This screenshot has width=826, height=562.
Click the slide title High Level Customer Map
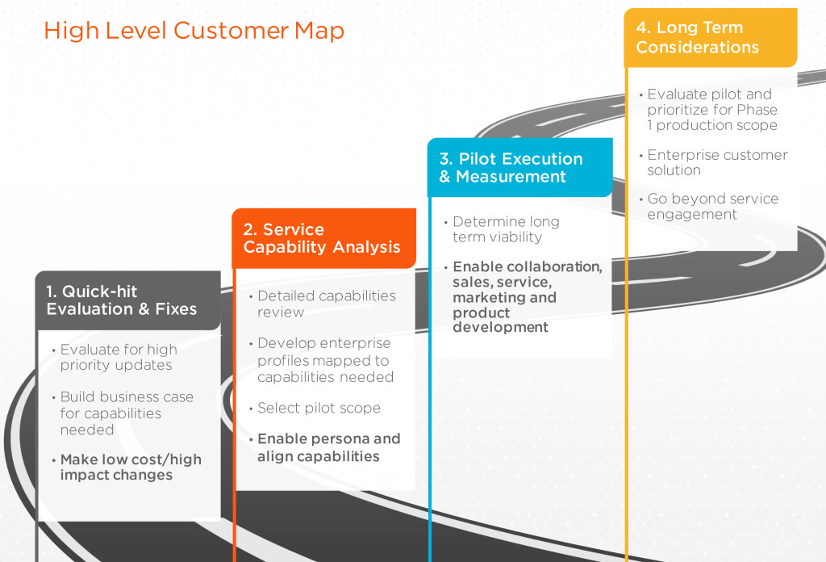(x=194, y=31)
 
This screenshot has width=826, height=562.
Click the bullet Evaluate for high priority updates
(x=119, y=357)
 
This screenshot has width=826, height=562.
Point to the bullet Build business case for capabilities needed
(x=127, y=413)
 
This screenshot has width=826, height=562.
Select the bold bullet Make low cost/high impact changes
(x=131, y=467)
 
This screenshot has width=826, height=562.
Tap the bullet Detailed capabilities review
(x=327, y=304)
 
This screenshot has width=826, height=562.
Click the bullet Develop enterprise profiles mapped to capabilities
(x=325, y=360)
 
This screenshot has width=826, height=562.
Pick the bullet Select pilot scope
(x=319, y=408)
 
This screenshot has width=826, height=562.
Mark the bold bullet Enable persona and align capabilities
(x=328, y=447)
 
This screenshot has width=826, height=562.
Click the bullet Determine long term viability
(x=506, y=229)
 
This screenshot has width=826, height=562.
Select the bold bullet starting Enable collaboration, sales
(x=527, y=296)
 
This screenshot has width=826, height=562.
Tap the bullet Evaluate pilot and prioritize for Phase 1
(x=712, y=110)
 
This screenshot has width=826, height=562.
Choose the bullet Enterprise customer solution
(x=717, y=162)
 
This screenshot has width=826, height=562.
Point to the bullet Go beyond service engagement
(x=712, y=206)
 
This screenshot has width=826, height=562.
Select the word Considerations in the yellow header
(x=697, y=47)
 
